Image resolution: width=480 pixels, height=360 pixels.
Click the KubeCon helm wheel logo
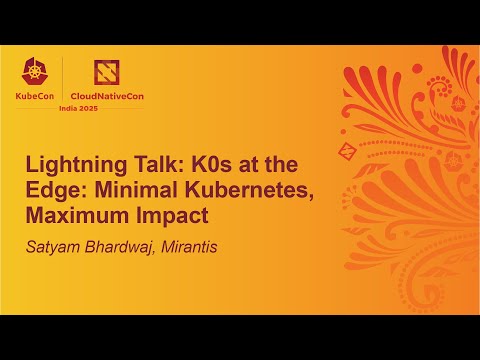tap(39, 70)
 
